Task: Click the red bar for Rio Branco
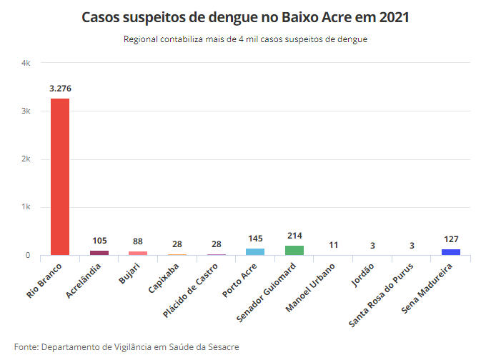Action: point(59,176)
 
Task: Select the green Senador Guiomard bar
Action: point(294,250)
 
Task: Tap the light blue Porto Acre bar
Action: point(255,251)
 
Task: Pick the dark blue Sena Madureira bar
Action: point(451,252)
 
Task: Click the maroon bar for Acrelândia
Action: point(99,253)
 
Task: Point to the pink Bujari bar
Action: point(138,253)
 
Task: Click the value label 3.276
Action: point(60,89)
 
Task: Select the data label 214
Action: point(294,235)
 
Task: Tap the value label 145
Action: point(255,239)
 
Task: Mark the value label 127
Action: point(451,239)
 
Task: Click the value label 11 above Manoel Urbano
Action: point(334,245)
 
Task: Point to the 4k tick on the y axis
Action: point(26,64)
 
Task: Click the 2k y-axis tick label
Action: point(26,159)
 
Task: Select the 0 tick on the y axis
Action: point(28,256)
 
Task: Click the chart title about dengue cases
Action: point(245,17)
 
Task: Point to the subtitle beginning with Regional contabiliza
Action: point(245,39)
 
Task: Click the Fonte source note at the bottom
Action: point(126,347)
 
